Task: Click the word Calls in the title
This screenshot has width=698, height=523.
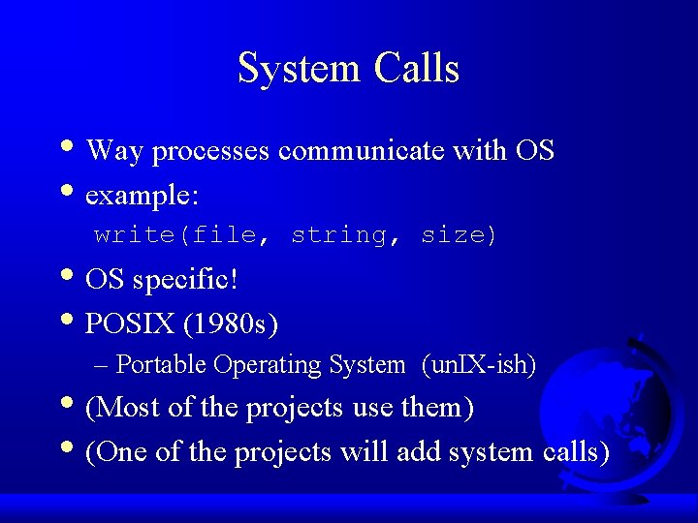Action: tap(417, 69)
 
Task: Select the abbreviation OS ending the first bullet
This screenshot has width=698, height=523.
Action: tap(534, 151)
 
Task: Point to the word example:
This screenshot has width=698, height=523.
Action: tap(143, 196)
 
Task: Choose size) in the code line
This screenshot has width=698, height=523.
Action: tap(459, 235)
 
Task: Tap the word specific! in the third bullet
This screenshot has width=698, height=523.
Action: tap(185, 281)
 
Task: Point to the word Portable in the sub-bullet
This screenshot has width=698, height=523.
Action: tap(161, 365)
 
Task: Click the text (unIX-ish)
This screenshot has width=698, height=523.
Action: tap(479, 365)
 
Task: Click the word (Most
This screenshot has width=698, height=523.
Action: tap(123, 408)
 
